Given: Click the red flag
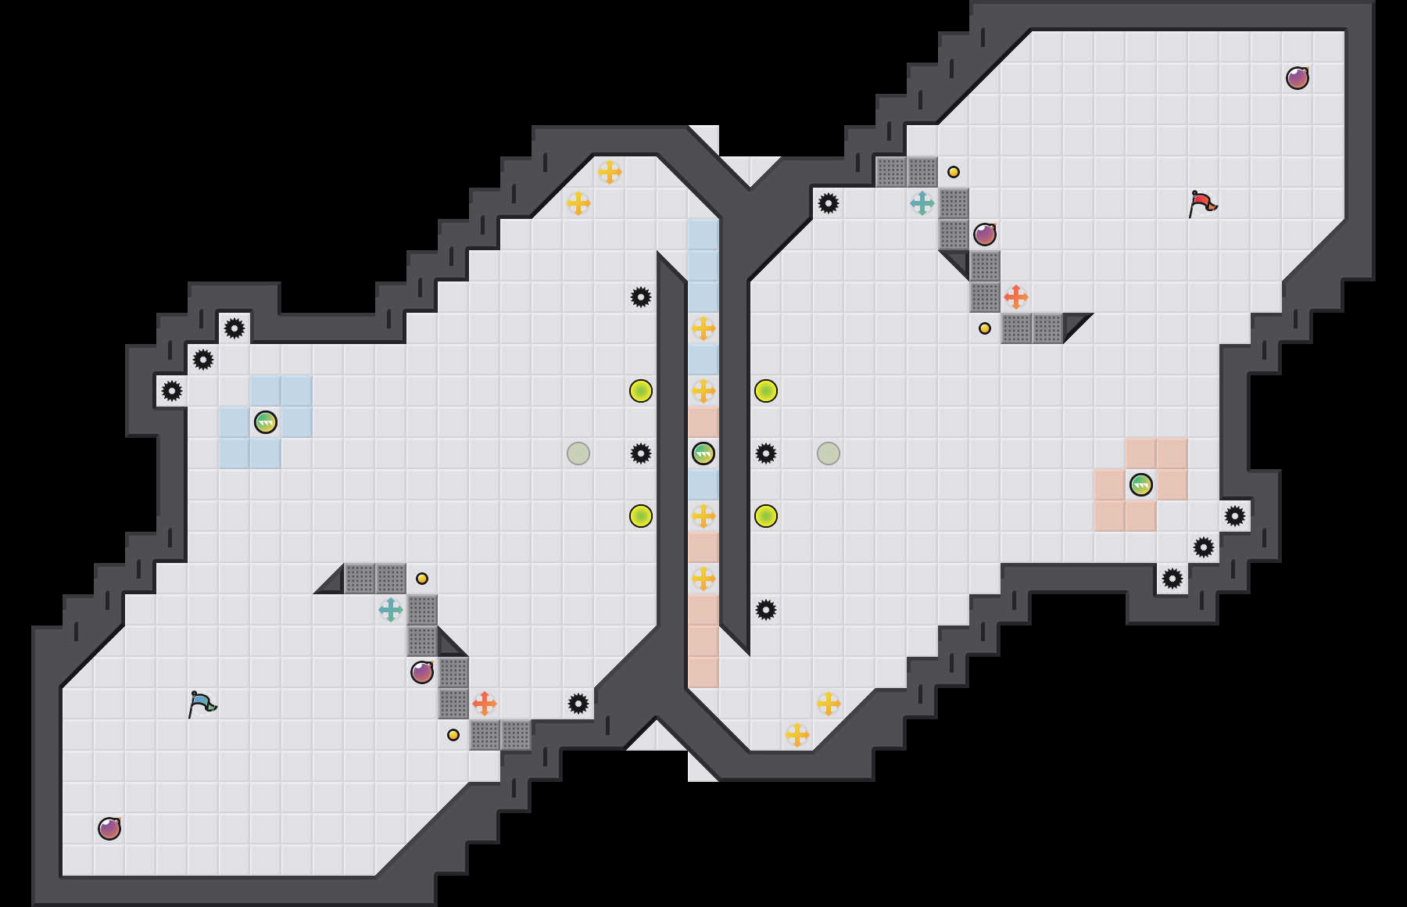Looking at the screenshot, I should (x=1202, y=203).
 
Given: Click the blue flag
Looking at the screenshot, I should (x=202, y=704).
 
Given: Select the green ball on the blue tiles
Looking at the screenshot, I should (x=266, y=422).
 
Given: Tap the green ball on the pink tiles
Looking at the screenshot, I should (x=1141, y=485).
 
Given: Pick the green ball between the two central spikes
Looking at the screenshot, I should (x=703, y=453).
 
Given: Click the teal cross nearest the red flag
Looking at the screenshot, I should (x=922, y=203).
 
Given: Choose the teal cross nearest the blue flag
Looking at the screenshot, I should (x=391, y=610).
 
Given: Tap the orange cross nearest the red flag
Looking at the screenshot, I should (x=1016, y=297).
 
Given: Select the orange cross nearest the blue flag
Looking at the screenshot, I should (x=485, y=704).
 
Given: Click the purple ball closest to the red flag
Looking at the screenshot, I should (x=1298, y=78).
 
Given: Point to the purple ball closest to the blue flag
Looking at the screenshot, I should (x=109, y=829).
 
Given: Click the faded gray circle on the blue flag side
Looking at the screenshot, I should (x=578, y=453).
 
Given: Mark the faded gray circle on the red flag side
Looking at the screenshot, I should (x=829, y=453).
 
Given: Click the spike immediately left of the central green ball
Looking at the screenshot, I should (x=641, y=453).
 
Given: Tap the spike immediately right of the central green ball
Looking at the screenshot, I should (x=766, y=453).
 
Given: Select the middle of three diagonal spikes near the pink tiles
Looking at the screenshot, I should (x=1204, y=547).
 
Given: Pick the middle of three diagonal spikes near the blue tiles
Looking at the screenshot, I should (x=203, y=360).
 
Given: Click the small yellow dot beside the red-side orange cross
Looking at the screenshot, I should (x=985, y=328).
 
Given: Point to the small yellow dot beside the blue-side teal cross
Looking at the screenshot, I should (x=422, y=579).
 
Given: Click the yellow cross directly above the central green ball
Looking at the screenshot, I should (x=703, y=391).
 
